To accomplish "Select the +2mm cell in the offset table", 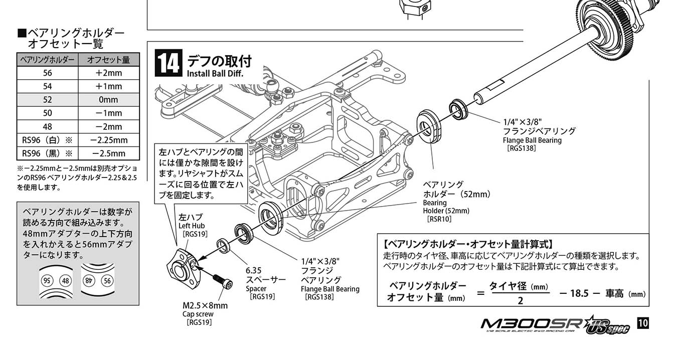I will (108, 73).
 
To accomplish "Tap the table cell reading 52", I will (48, 100).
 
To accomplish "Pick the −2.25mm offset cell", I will (108, 140).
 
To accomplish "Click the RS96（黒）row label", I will (48, 153).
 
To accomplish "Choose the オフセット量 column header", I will (108, 60).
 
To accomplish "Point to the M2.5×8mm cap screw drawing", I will (221, 282).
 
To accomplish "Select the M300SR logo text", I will (532, 325).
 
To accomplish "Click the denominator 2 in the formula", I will (520, 301).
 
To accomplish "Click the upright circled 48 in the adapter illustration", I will (65, 280).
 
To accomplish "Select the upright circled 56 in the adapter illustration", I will (107, 280).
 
